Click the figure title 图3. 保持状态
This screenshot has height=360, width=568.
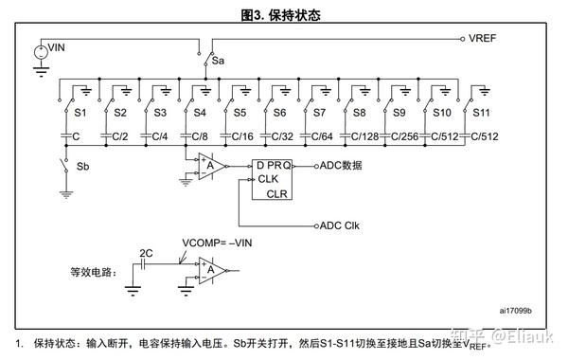[281, 14]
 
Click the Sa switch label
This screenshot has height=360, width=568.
[218, 60]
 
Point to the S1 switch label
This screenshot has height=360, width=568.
[80, 113]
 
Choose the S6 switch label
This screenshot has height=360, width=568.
[279, 113]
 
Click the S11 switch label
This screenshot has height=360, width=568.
[481, 113]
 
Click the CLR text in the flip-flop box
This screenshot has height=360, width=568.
[276, 193]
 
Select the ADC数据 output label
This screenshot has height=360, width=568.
[344, 165]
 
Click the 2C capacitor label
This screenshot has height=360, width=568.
[146, 254]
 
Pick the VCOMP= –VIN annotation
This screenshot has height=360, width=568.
[217, 243]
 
